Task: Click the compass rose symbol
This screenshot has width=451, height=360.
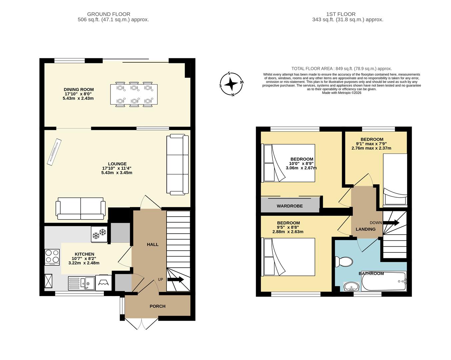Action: tap(231, 84)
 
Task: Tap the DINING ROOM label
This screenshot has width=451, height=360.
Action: tap(79, 89)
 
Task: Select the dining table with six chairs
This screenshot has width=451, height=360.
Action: tap(134, 94)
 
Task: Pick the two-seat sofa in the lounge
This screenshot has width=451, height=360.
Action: tap(81, 209)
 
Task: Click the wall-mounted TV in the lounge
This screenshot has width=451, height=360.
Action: tap(55, 153)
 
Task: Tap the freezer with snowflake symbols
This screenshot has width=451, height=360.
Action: tap(99, 235)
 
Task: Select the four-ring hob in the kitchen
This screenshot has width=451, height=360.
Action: tap(52, 257)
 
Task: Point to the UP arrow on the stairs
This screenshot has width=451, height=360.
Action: tap(176, 280)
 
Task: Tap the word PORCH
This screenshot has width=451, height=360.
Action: tap(158, 306)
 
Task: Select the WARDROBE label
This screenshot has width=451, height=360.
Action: tap(290, 206)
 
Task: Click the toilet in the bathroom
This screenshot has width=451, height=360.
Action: tap(344, 262)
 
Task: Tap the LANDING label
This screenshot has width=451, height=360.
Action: tap(365, 229)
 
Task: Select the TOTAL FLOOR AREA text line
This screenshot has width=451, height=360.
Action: tap(341, 69)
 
